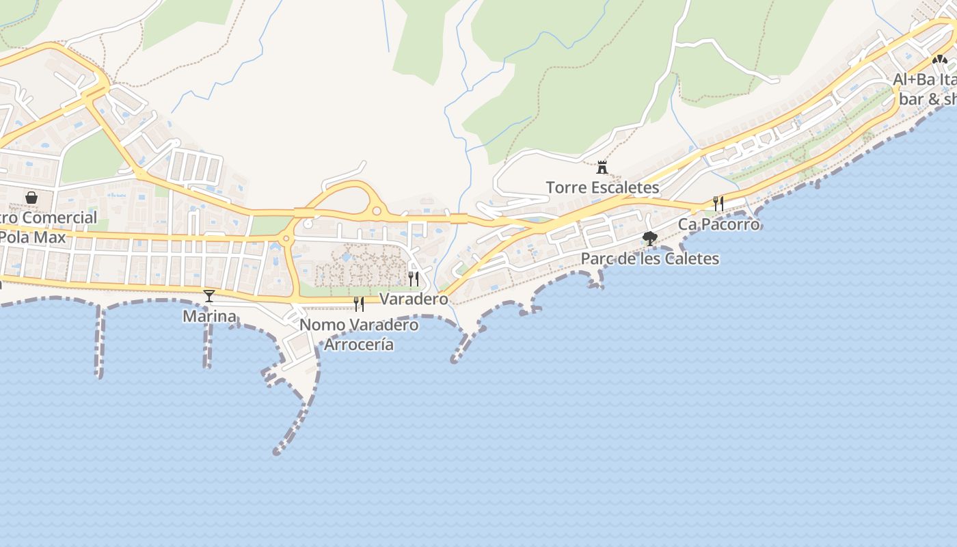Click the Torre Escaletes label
click(x=602, y=187)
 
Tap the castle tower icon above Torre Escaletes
click(x=602, y=167)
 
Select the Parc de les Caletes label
click(x=649, y=258)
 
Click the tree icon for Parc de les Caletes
click(x=650, y=239)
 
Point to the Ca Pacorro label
click(x=718, y=224)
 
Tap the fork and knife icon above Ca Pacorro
click(x=718, y=203)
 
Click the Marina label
click(x=209, y=316)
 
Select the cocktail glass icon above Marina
click(x=209, y=295)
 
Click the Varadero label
click(x=414, y=299)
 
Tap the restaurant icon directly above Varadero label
click(x=414, y=278)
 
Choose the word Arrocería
click(x=359, y=344)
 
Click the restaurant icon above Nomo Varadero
click(x=359, y=304)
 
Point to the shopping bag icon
click(x=31, y=198)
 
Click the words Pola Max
click(x=33, y=237)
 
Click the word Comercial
click(x=62, y=218)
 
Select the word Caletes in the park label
click(x=692, y=258)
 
